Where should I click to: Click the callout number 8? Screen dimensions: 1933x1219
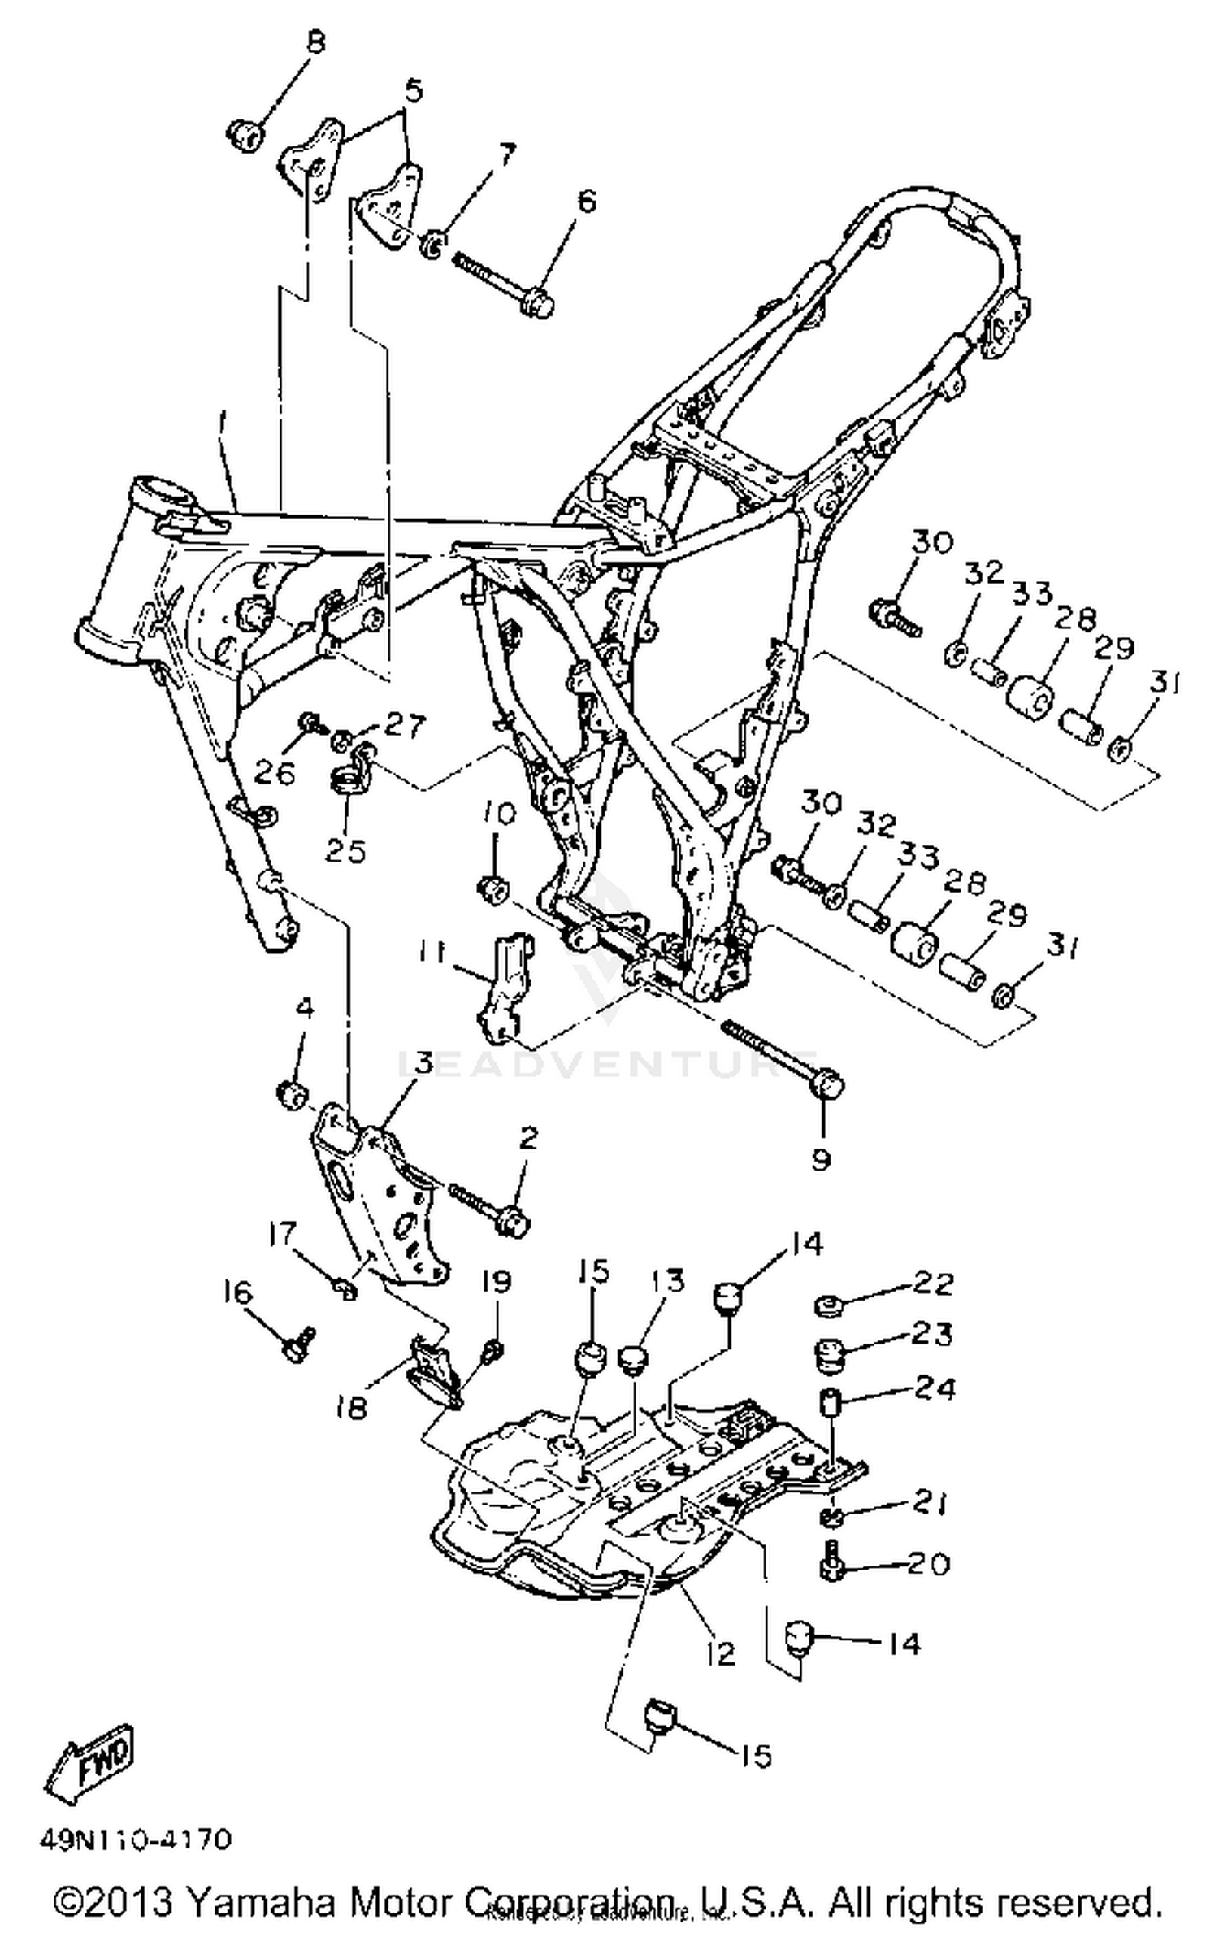click(315, 41)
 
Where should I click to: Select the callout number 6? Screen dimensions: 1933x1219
click(585, 200)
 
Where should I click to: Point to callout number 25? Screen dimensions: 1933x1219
click(345, 850)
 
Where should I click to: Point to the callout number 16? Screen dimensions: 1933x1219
click(238, 1292)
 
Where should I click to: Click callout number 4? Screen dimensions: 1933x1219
click(303, 1009)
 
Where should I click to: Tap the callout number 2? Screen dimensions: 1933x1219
click(528, 1138)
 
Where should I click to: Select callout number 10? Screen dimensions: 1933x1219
click(500, 813)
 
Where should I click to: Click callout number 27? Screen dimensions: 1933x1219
click(404, 724)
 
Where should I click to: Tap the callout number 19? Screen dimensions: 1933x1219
click(496, 1282)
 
